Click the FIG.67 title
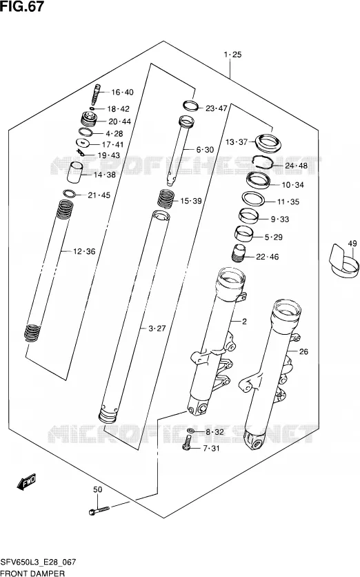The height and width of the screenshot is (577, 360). point(22,6)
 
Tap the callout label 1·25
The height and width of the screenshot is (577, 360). point(232,55)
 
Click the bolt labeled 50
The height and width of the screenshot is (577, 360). point(99,510)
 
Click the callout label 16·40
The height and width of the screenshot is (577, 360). point(123,92)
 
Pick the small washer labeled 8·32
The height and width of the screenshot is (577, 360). point(191,431)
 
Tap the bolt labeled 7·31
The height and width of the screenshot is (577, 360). point(187,442)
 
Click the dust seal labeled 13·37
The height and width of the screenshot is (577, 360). point(268,142)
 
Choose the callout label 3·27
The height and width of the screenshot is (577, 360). point(157,329)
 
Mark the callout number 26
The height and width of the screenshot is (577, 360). point(303,351)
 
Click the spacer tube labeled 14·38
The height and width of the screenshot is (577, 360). point(74,172)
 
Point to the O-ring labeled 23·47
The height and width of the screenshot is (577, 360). point(191,106)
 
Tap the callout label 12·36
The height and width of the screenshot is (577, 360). point(84,251)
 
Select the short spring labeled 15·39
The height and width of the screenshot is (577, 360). point(166,199)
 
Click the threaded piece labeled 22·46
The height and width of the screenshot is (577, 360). point(239,253)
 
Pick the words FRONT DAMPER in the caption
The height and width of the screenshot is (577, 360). point(32,573)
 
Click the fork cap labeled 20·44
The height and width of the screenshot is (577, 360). point(89,119)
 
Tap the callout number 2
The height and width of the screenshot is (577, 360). point(244,321)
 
